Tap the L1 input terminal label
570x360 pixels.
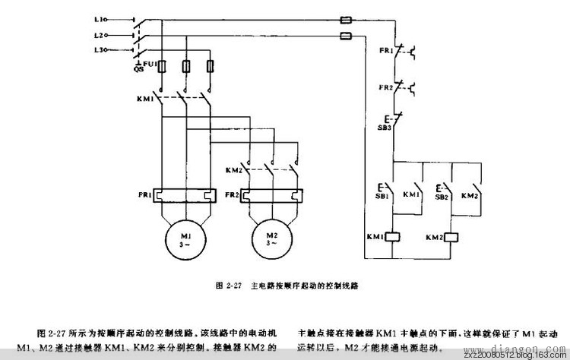click(100, 17)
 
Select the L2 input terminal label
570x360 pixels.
click(100, 35)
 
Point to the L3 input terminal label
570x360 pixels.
click(100, 50)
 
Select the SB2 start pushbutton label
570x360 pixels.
click(441, 195)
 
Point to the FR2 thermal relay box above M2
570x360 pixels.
click(271, 194)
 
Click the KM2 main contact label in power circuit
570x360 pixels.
click(234, 170)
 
